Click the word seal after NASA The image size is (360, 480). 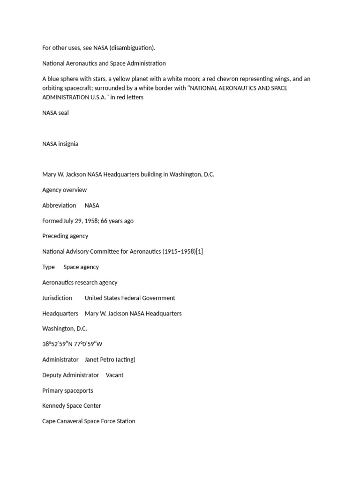pos(63,112)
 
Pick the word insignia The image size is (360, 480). pos(68,143)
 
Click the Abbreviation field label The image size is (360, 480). pos(59,205)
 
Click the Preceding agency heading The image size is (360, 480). pos(65,236)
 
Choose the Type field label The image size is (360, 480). pos(48,267)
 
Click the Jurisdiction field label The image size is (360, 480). pos(57,298)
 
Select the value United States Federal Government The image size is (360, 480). pos(130,298)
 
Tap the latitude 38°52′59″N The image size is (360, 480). pos(58,344)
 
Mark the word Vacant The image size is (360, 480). pos(115,375)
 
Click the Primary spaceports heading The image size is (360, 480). pos(67,390)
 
